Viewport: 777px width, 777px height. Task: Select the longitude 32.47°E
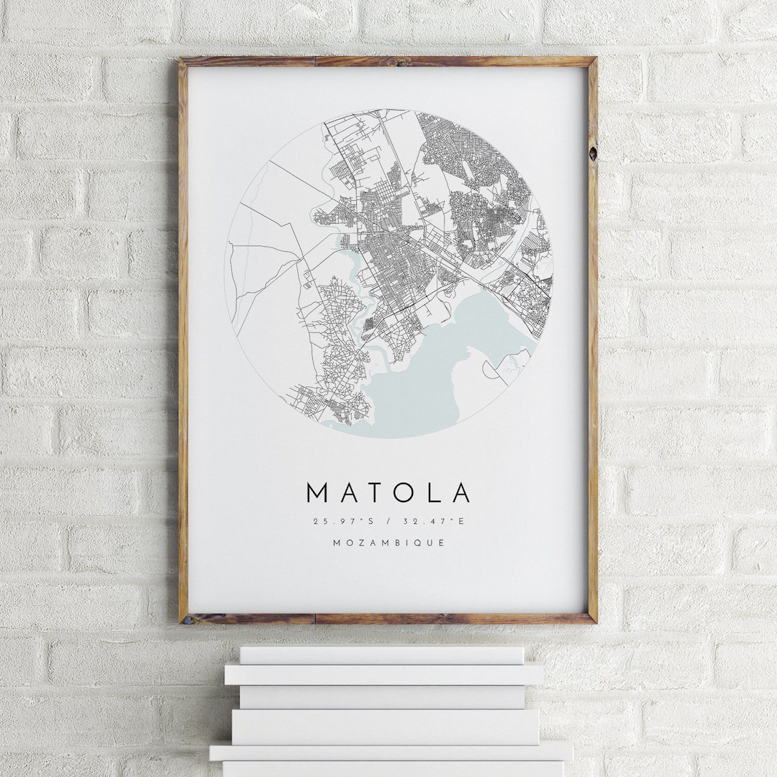(435, 522)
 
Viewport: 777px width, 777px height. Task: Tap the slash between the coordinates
(388, 522)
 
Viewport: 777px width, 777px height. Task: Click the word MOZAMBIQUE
(388, 542)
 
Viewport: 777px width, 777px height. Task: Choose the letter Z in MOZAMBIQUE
(357, 542)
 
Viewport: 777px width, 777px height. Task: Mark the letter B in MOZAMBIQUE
(394, 542)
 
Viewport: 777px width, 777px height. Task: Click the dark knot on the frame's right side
(592, 153)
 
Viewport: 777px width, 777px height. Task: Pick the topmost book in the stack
(381, 655)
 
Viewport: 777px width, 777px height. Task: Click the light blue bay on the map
(432, 360)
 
